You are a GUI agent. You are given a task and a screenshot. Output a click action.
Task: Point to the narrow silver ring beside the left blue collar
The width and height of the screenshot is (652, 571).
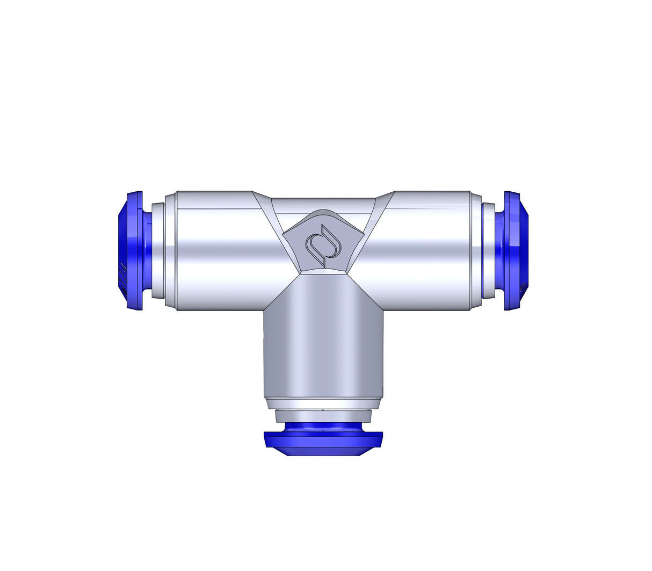point(158,250)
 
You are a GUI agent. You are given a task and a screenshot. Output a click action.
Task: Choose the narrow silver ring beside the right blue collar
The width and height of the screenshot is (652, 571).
point(488,250)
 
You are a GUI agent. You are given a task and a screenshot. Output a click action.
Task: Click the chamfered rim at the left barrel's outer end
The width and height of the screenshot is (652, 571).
point(170,250)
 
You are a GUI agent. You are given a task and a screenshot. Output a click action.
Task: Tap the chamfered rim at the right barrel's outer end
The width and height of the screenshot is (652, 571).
point(476,250)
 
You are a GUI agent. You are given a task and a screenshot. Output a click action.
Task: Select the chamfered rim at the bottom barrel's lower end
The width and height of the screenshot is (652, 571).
point(323,403)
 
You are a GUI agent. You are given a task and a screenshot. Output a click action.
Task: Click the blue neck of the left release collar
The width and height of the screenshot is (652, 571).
point(147,250)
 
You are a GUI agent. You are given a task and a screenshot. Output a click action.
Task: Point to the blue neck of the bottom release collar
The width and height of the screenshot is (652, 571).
point(323,428)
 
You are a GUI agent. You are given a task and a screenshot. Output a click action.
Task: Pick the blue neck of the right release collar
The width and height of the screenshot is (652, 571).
point(499,250)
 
